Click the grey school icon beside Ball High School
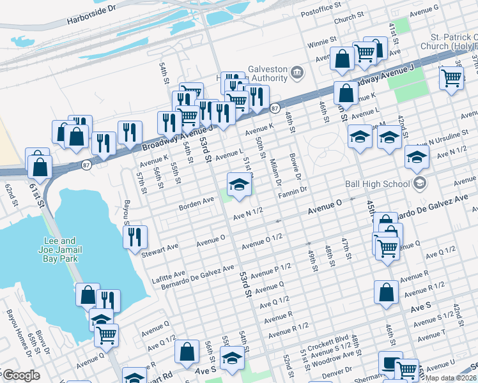(x=420, y=184)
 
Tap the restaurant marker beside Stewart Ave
(x=135, y=237)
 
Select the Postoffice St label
(x=323, y=12)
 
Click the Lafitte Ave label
(x=167, y=271)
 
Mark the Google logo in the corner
(x=21, y=375)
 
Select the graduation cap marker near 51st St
(x=239, y=185)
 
